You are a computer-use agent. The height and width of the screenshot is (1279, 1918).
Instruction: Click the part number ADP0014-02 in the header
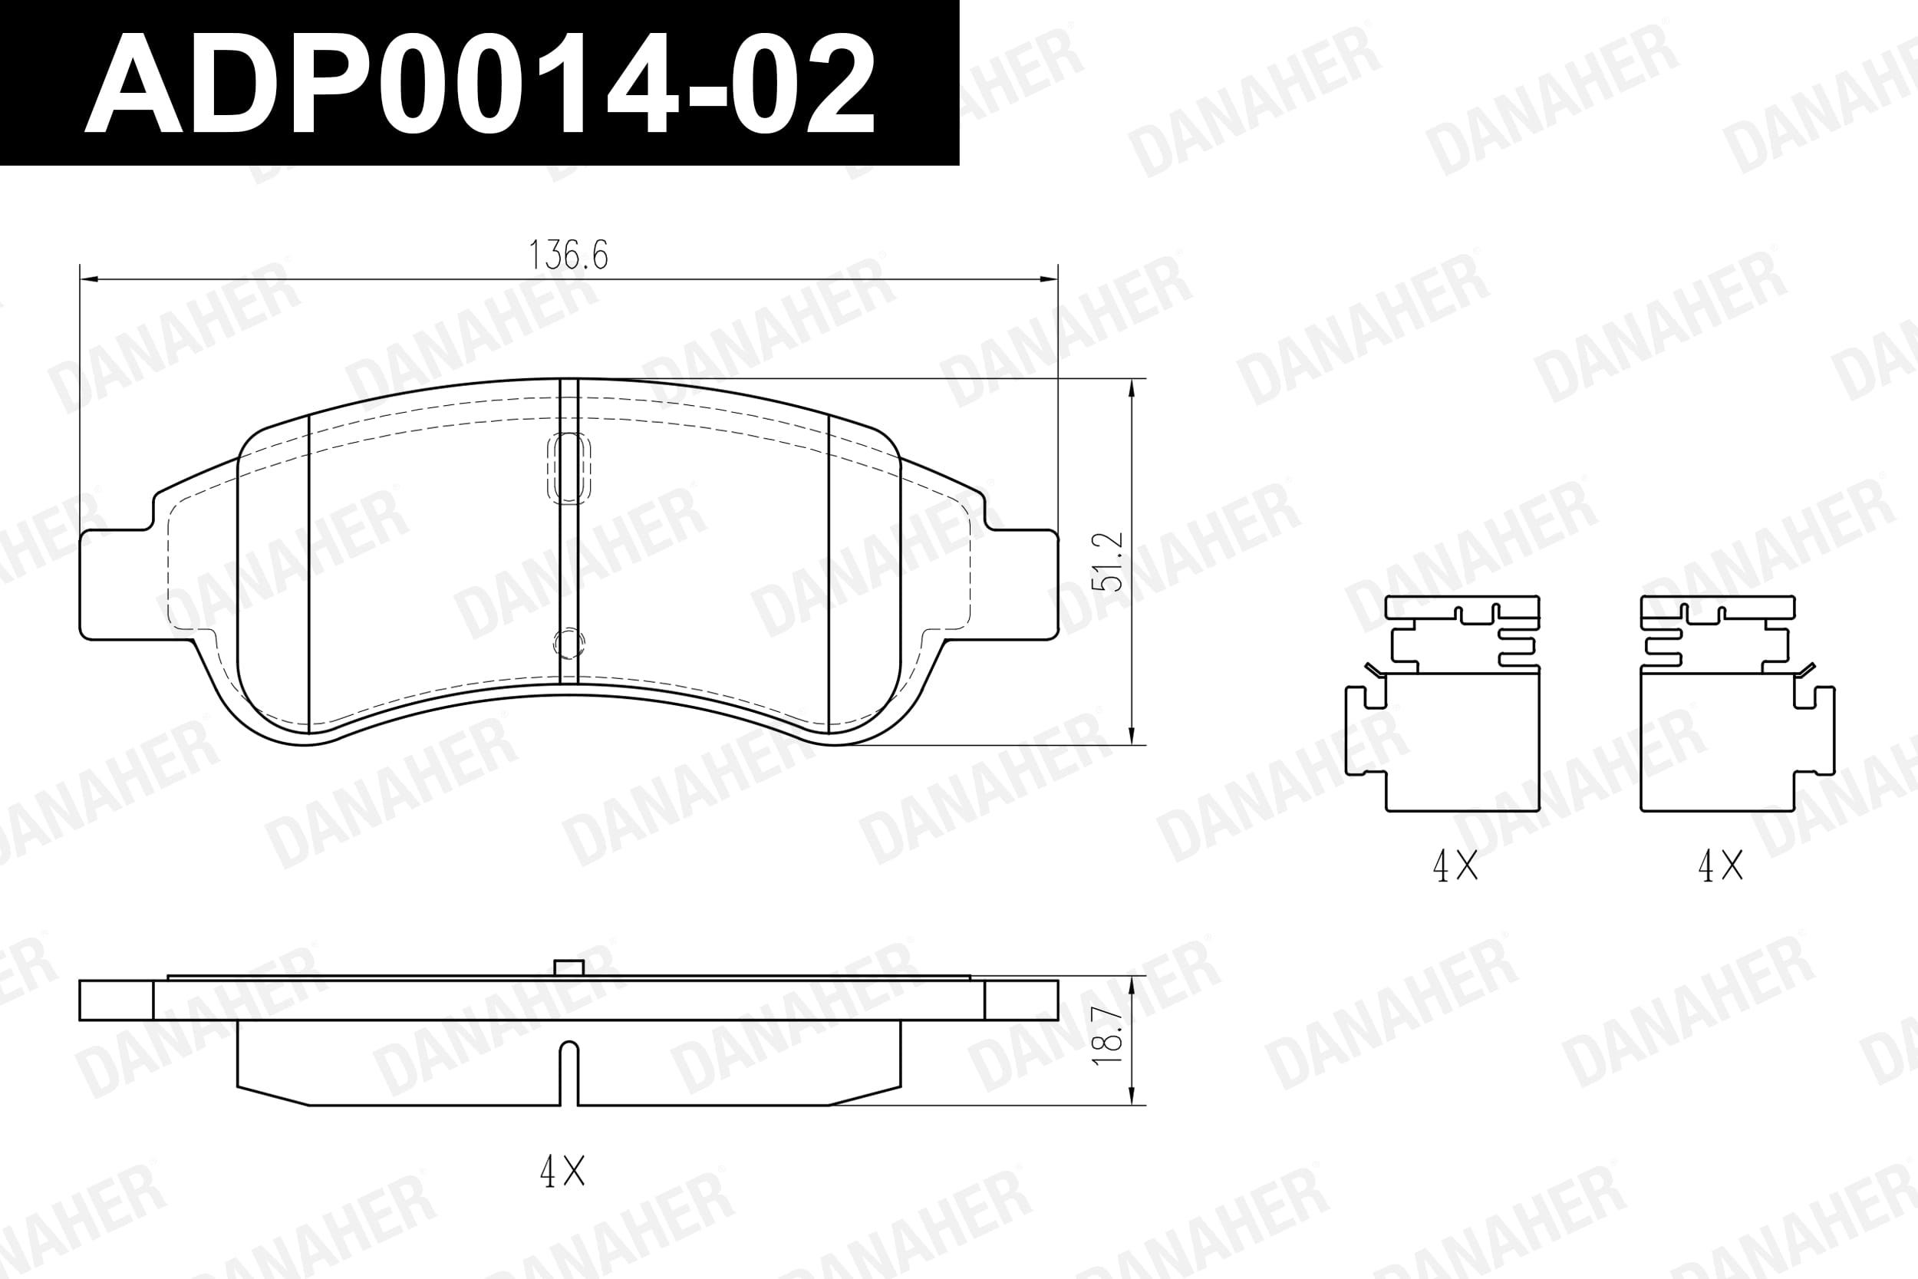pos(479,83)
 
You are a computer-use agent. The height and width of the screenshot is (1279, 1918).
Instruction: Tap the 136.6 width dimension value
pos(568,255)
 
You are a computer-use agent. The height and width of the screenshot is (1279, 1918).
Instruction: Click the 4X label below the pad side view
pos(562,1172)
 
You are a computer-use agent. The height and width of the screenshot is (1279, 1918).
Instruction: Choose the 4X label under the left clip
pos(1455,866)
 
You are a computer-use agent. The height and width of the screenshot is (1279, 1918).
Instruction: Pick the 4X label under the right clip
pos(1721,866)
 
